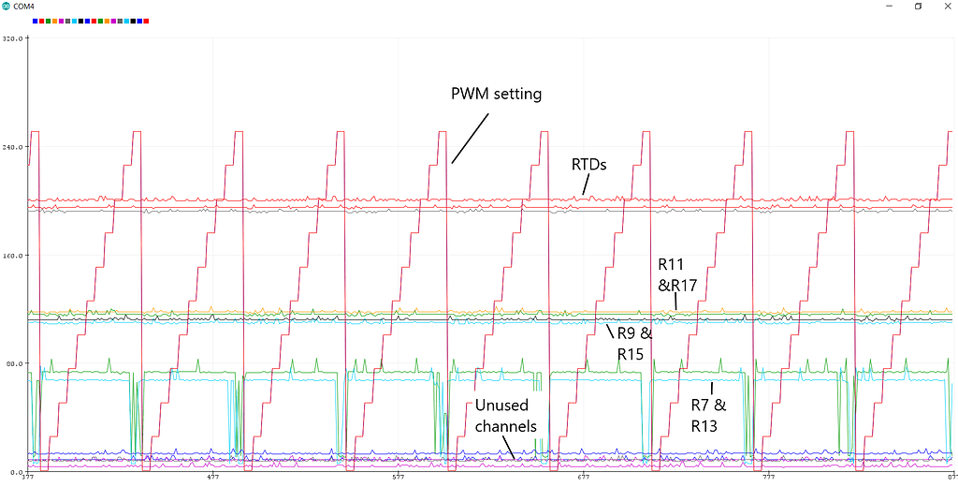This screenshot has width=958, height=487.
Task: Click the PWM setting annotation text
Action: point(496,94)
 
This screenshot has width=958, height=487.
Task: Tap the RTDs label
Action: point(589,165)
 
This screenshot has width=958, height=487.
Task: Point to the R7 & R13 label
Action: point(708,416)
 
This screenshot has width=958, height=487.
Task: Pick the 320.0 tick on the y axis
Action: point(12,38)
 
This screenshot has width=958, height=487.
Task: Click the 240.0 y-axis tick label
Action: point(12,146)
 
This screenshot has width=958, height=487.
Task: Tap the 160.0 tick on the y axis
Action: point(12,255)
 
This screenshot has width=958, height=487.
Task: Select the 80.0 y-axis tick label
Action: point(14,362)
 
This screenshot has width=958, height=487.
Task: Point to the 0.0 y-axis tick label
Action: point(16,470)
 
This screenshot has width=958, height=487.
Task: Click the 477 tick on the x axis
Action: point(212,477)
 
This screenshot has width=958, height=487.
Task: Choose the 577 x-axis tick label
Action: point(398,477)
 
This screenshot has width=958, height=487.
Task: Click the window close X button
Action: point(941,6)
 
